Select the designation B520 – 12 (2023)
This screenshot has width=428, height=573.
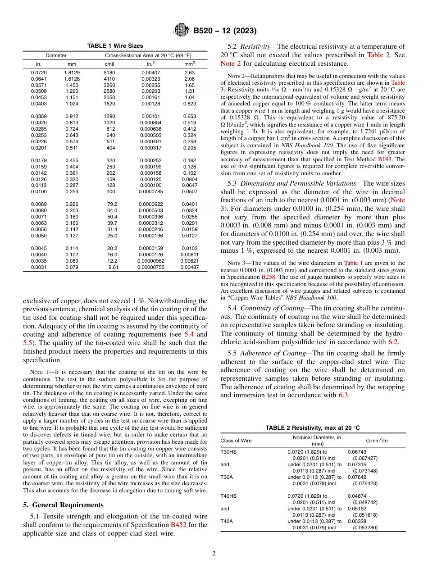(225, 31)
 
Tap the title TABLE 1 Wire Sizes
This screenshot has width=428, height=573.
(115, 46)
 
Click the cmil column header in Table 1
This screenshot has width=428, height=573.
(109, 64)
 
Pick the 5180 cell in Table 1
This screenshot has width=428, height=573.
(109, 73)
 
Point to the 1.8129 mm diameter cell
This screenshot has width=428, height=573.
(72, 73)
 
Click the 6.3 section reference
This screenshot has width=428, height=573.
(343, 395)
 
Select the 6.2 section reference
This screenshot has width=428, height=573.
(393, 342)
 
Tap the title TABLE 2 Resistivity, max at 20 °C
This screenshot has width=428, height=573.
(313, 427)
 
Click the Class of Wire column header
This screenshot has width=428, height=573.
(236, 441)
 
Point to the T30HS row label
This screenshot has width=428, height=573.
(228, 451)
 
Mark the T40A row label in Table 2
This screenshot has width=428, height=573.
(227, 521)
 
